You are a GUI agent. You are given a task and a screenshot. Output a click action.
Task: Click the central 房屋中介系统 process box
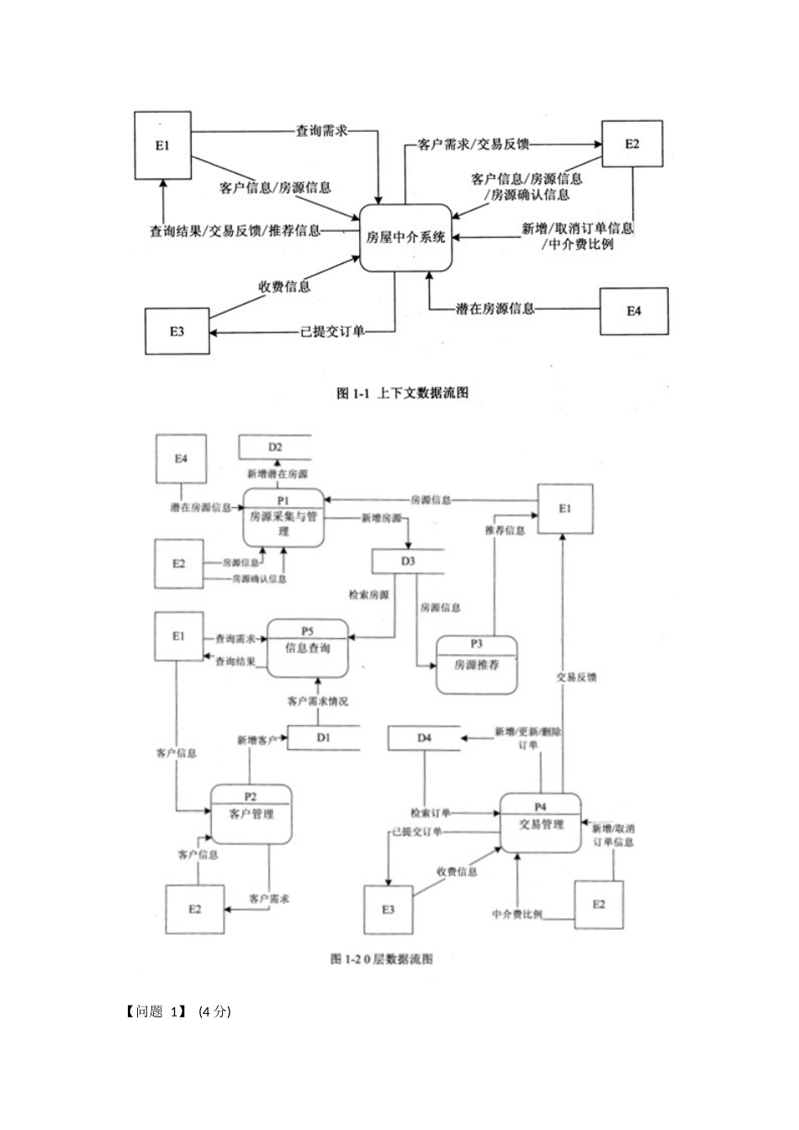405,237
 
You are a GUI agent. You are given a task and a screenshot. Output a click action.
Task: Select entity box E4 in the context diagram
633,311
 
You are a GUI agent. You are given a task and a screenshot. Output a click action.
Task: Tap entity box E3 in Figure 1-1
177,331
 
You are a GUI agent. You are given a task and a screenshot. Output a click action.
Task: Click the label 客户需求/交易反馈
473,144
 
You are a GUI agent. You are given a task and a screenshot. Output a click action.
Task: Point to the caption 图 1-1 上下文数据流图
402,393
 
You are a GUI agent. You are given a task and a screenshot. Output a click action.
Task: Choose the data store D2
275,447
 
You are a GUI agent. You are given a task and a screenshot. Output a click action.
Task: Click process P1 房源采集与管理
283,517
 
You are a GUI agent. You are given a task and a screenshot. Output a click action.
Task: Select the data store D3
408,561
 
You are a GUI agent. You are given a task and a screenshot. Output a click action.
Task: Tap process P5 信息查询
307,647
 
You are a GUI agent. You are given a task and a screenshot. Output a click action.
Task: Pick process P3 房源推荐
476,664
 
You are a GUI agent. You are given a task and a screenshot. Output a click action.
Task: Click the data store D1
324,737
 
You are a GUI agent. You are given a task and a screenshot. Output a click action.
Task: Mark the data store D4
424,737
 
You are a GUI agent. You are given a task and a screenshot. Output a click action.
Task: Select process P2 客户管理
251,814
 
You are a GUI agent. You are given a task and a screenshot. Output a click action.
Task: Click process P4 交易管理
540,823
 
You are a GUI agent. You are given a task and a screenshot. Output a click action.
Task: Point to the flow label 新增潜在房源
277,474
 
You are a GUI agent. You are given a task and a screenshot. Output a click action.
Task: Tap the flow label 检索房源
368,594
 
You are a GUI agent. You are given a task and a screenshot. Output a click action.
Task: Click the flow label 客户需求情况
317,700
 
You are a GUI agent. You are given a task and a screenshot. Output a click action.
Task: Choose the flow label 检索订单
431,813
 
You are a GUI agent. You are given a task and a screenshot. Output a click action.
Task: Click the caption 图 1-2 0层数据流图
381,958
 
